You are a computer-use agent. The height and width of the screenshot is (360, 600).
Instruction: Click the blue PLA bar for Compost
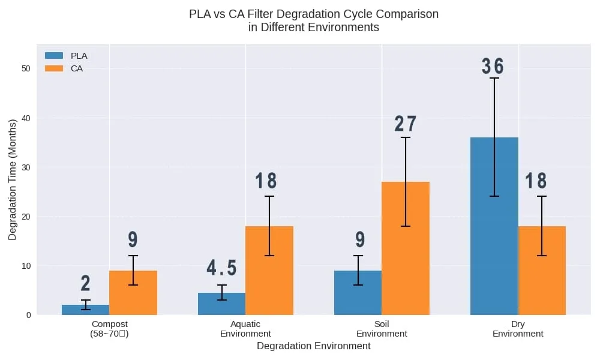click(x=85, y=310)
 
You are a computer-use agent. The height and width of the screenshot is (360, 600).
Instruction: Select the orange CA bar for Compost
click(x=133, y=293)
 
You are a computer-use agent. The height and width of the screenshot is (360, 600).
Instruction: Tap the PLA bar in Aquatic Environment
click(x=221, y=304)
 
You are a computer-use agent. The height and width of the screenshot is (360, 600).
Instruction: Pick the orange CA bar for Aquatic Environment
click(x=269, y=271)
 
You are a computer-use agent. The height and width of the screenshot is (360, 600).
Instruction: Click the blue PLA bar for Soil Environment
click(x=358, y=293)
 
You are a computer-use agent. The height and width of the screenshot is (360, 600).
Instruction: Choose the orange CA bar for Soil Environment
click(x=406, y=248)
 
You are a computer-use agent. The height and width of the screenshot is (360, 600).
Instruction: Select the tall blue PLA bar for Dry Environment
click(x=494, y=226)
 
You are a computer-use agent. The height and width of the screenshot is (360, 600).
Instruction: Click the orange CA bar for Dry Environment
click(x=542, y=271)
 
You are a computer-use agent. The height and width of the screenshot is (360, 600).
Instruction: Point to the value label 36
click(x=493, y=67)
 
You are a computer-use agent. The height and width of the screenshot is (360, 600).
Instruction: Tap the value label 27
click(x=406, y=124)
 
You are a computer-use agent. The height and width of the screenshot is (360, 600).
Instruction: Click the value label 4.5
click(x=221, y=268)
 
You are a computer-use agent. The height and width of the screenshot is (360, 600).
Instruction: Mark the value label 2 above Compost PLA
click(x=85, y=283)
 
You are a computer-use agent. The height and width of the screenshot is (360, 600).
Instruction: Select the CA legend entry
click(x=65, y=68)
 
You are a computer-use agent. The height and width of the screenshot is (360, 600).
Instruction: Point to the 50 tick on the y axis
click(x=25, y=68)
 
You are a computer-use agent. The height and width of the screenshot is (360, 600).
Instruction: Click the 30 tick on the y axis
click(x=25, y=167)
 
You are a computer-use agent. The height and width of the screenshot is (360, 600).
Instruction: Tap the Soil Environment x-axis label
click(x=382, y=329)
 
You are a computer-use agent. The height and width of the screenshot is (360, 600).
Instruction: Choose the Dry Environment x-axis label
click(x=518, y=329)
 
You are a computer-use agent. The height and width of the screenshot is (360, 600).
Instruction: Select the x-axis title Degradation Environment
click(x=313, y=346)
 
